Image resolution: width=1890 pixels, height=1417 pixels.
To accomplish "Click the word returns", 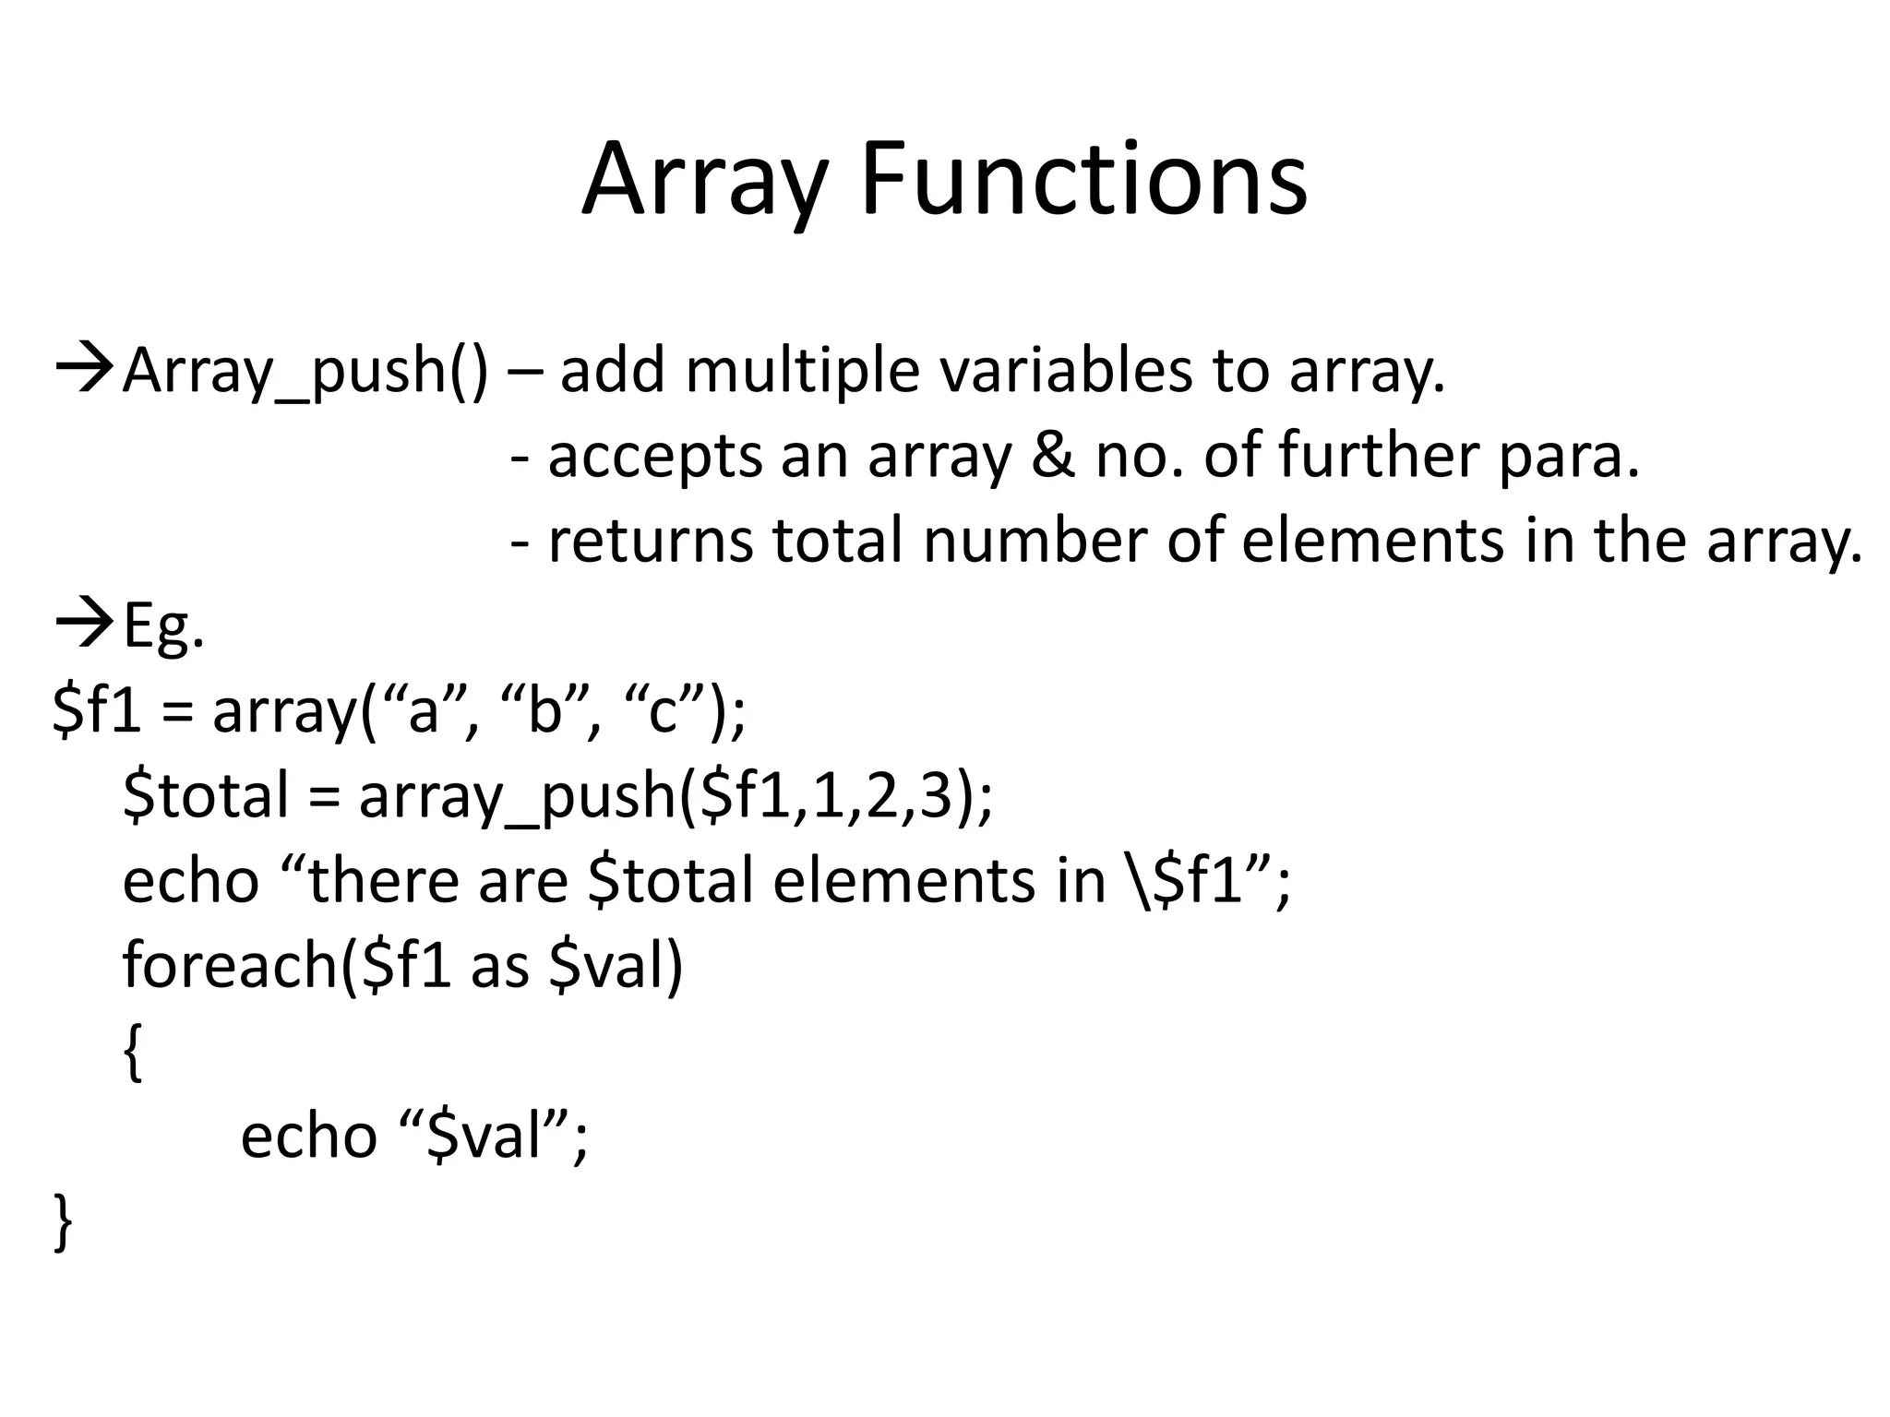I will pos(650,541).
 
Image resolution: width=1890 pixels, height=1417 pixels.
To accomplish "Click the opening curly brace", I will pos(133,1054).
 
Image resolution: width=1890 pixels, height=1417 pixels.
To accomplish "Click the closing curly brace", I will pos(63,1223).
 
